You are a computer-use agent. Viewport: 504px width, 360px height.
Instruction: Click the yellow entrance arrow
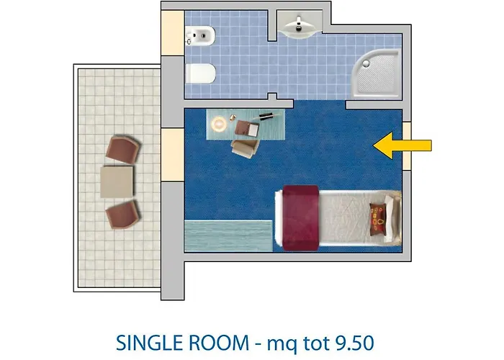pyautogui.click(x=402, y=145)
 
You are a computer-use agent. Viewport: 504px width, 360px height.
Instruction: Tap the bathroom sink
pyautogui.click(x=299, y=27)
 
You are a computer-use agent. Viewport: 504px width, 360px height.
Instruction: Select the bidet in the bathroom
pyautogui.click(x=200, y=35)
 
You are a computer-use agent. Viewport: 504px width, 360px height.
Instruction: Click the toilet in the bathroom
pyautogui.click(x=200, y=73)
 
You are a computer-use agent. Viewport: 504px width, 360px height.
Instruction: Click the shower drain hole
pyautogui.click(x=366, y=63)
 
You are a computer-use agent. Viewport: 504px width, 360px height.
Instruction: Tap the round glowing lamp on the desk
pyautogui.click(x=219, y=123)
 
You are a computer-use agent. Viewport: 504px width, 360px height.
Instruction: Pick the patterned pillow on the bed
pyautogui.click(x=377, y=218)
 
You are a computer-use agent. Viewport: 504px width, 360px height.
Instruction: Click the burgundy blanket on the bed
pyautogui.click(x=300, y=217)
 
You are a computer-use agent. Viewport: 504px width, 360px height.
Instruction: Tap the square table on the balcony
pyautogui.click(x=117, y=181)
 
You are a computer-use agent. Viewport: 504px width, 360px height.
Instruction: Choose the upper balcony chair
pyautogui.click(x=123, y=150)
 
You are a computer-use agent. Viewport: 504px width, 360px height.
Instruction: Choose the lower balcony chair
pyautogui.click(x=123, y=214)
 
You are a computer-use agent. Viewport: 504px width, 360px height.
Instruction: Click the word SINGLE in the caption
pyautogui.click(x=150, y=343)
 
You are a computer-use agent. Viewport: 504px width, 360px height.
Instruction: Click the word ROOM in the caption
pyautogui.click(x=219, y=343)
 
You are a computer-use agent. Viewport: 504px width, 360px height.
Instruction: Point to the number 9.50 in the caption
pyautogui.click(x=355, y=343)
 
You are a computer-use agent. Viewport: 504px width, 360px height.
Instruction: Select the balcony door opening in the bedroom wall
pyautogui.click(x=172, y=155)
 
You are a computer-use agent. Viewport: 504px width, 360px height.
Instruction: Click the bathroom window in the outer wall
pyautogui.click(x=172, y=33)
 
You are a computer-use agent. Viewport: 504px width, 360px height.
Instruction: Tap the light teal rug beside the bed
pyautogui.click(x=228, y=236)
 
